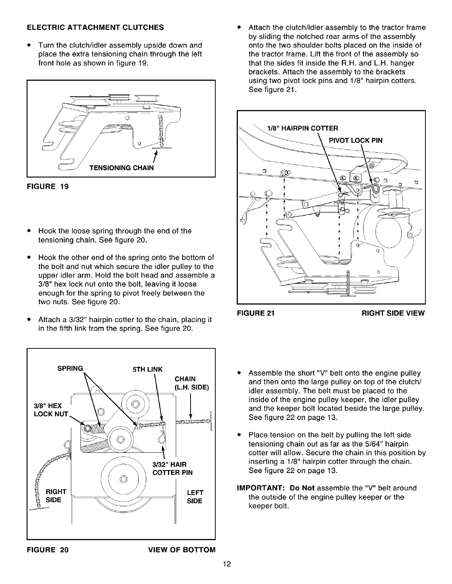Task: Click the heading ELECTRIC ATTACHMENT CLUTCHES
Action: pos(95,28)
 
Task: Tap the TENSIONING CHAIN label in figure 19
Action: pos(121,168)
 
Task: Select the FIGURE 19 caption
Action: pos(47,186)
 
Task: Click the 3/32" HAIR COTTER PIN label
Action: pos(172,468)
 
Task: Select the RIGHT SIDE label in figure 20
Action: pos(55,496)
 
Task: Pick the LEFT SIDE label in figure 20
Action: pos(195,497)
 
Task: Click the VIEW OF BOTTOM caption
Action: pos(181,550)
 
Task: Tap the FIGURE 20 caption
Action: pos(47,550)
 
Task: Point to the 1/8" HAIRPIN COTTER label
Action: pos(302,128)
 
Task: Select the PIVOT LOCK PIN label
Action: pos(356,140)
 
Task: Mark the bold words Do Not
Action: pos(302,488)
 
